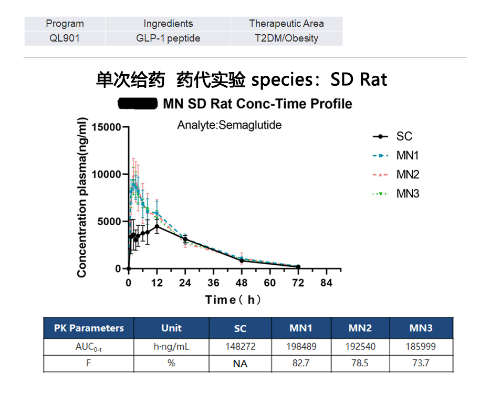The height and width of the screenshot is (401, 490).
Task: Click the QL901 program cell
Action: coord(65,38)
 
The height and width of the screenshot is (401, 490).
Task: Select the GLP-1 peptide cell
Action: coord(168,38)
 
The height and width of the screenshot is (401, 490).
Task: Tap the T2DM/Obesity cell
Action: coord(286,38)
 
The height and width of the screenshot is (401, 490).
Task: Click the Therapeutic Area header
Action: coord(286,23)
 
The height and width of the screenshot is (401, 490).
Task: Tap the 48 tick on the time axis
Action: coord(242,283)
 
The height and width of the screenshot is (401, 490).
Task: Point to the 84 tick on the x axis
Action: coord(326,283)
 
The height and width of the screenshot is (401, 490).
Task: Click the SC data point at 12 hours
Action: coord(157,226)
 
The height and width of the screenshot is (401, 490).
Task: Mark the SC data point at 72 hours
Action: coord(298,267)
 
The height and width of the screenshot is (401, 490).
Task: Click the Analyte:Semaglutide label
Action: coord(230,125)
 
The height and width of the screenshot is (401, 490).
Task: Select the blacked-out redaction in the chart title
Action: coord(138,103)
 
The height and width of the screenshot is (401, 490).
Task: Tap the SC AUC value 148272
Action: coord(240,347)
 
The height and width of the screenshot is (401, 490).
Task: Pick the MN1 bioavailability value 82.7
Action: coord(301,363)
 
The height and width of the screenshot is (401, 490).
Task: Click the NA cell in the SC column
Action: coord(240,363)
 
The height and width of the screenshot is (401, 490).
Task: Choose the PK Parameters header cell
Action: coord(89,328)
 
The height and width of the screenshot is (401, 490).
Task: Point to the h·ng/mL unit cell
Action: coord(171,347)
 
